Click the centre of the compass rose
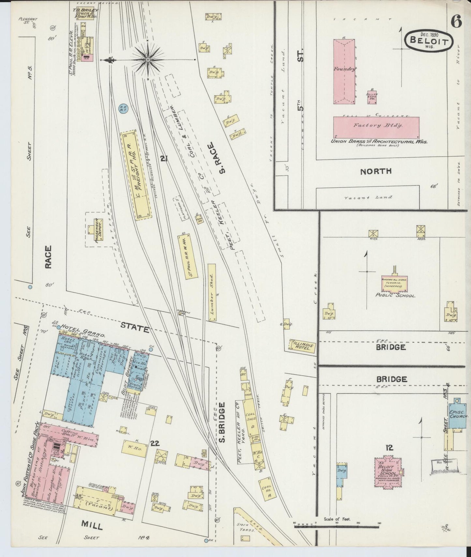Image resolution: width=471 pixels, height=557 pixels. point(148,60)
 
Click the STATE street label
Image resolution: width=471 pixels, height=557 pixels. point(135,327)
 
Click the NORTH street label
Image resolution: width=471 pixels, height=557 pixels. point(375,172)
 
